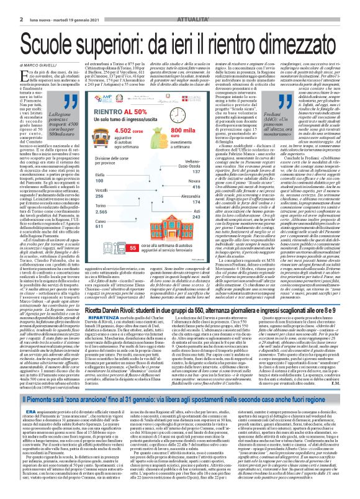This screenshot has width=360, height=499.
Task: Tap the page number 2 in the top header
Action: click(4, 5)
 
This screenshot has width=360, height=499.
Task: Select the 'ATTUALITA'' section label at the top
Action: click(335, 5)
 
